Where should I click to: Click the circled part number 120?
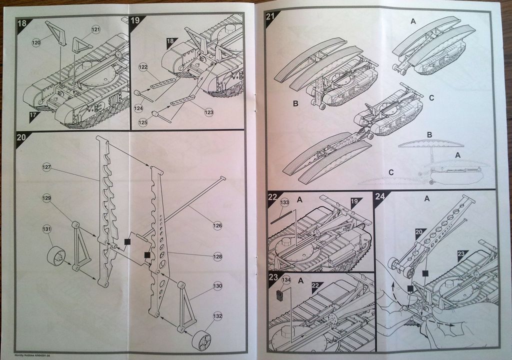tap(36, 43)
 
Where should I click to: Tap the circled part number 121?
tap(95, 31)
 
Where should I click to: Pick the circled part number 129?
tap(46, 198)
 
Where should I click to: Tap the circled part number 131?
tap(46, 229)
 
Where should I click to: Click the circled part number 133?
tap(285, 202)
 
